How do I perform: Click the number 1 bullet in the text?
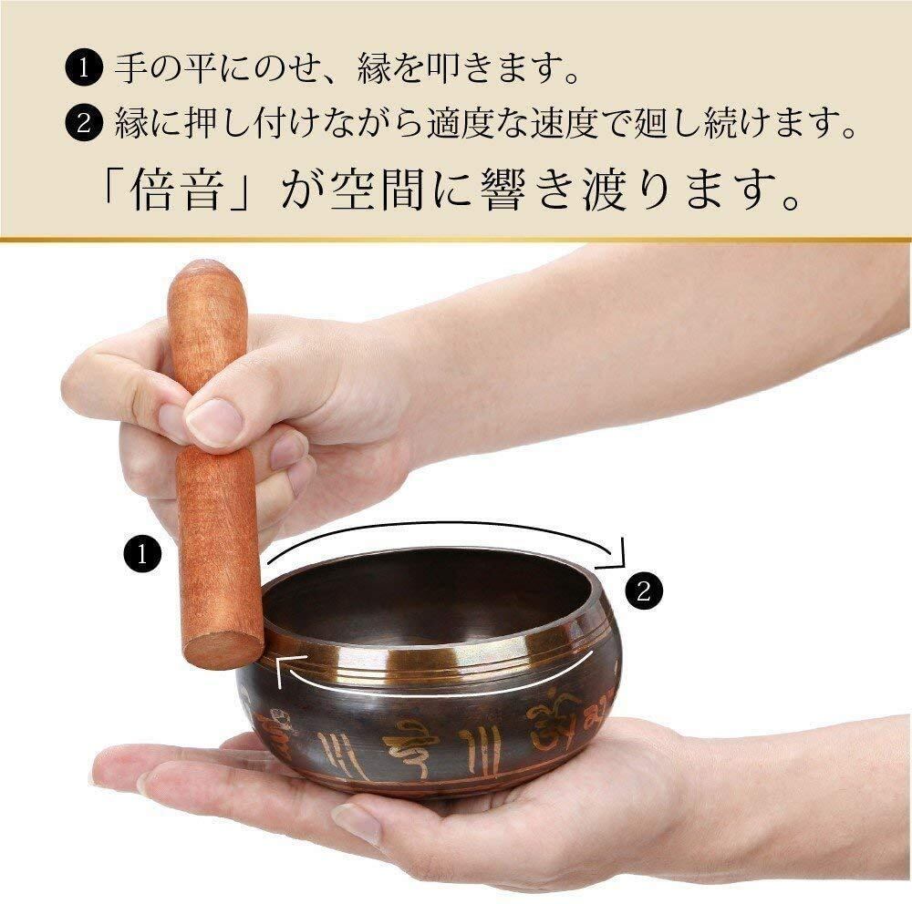[x=84, y=68]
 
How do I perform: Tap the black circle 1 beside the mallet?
[x=142, y=555]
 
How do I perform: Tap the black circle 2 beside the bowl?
[x=643, y=591]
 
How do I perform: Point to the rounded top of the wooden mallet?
[x=205, y=276]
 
